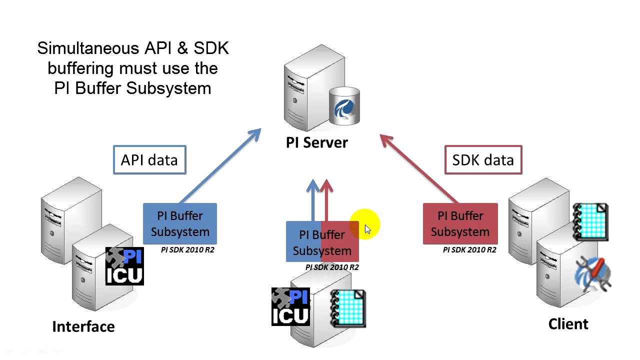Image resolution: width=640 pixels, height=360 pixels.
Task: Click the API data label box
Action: [149, 160]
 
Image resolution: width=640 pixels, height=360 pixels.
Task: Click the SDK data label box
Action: [483, 160]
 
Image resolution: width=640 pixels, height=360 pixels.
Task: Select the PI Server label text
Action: [316, 142]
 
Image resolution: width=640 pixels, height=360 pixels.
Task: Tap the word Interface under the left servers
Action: [83, 326]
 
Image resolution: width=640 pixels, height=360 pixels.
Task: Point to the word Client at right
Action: [568, 324]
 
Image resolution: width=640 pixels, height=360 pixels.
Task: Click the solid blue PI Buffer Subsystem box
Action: [180, 223]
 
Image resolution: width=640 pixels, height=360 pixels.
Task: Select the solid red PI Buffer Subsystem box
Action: [460, 223]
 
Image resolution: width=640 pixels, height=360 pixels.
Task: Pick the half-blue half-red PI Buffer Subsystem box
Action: [322, 242]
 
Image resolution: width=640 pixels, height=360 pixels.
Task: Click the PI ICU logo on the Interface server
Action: [124, 266]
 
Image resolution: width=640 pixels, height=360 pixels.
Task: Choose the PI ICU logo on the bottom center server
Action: [290, 306]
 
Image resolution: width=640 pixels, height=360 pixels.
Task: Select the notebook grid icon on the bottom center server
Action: [348, 309]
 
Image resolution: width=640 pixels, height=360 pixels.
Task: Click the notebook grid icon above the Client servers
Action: [590, 222]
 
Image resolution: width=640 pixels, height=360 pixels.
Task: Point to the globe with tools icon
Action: [593, 274]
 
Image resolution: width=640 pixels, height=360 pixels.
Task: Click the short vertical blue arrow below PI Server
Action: [313, 200]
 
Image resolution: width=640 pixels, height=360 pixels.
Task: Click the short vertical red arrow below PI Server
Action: [326, 200]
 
